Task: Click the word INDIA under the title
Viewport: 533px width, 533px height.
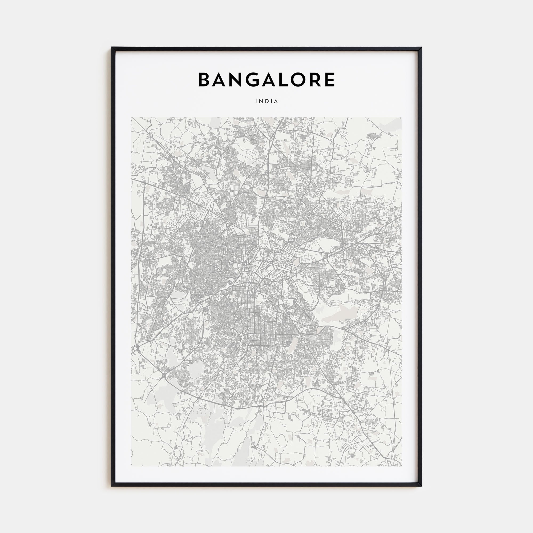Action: (x=266, y=101)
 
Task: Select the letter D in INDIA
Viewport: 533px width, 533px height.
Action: (x=267, y=101)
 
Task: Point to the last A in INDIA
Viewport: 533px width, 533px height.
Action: (x=276, y=101)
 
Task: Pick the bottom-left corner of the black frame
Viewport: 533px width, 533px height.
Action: (x=112, y=486)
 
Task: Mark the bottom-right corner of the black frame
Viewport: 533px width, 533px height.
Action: (x=422, y=486)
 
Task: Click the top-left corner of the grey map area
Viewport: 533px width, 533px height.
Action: (x=132, y=118)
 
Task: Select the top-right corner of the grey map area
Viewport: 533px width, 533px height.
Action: (x=401, y=118)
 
